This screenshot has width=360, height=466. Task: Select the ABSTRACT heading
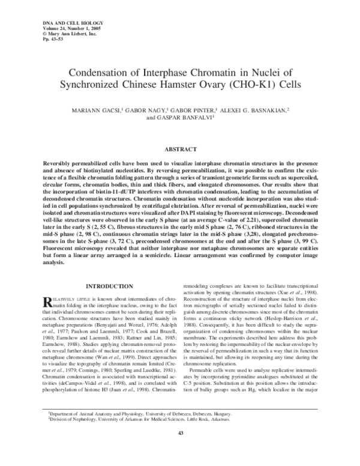(180, 148)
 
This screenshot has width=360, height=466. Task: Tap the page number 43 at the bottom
(180, 450)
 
